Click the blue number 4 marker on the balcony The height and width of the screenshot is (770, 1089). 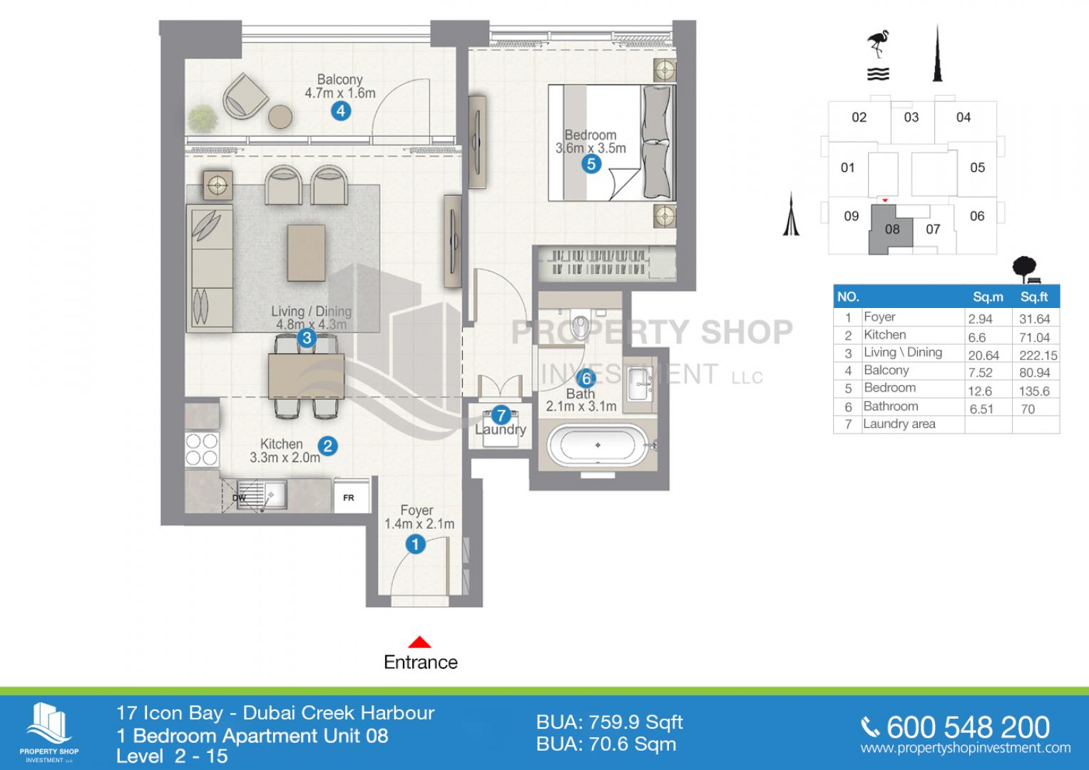[x=341, y=111]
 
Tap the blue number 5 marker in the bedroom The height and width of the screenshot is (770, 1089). [x=591, y=164]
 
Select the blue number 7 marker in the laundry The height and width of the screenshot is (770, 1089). [x=501, y=415]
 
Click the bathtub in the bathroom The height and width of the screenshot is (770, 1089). [x=598, y=445]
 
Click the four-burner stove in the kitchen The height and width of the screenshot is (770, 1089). [x=202, y=450]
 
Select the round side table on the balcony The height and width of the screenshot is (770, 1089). [x=280, y=117]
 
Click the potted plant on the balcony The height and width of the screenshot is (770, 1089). [x=203, y=118]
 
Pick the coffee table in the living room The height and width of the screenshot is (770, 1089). [x=306, y=252]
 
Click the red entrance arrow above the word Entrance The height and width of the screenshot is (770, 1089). [x=419, y=642]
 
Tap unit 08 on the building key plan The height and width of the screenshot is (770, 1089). [x=891, y=229]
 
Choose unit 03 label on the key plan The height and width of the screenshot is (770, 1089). [x=911, y=117]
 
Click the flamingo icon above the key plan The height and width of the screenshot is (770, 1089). [x=878, y=44]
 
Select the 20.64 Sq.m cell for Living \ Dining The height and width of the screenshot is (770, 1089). [x=983, y=355]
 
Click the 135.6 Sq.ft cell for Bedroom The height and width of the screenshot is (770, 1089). [x=1035, y=391]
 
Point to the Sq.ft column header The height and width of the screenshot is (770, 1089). [x=1034, y=297]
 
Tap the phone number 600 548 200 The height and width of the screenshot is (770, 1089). [x=968, y=727]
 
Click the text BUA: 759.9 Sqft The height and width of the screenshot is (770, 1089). [x=609, y=722]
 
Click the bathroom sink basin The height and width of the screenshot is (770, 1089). [x=640, y=384]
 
